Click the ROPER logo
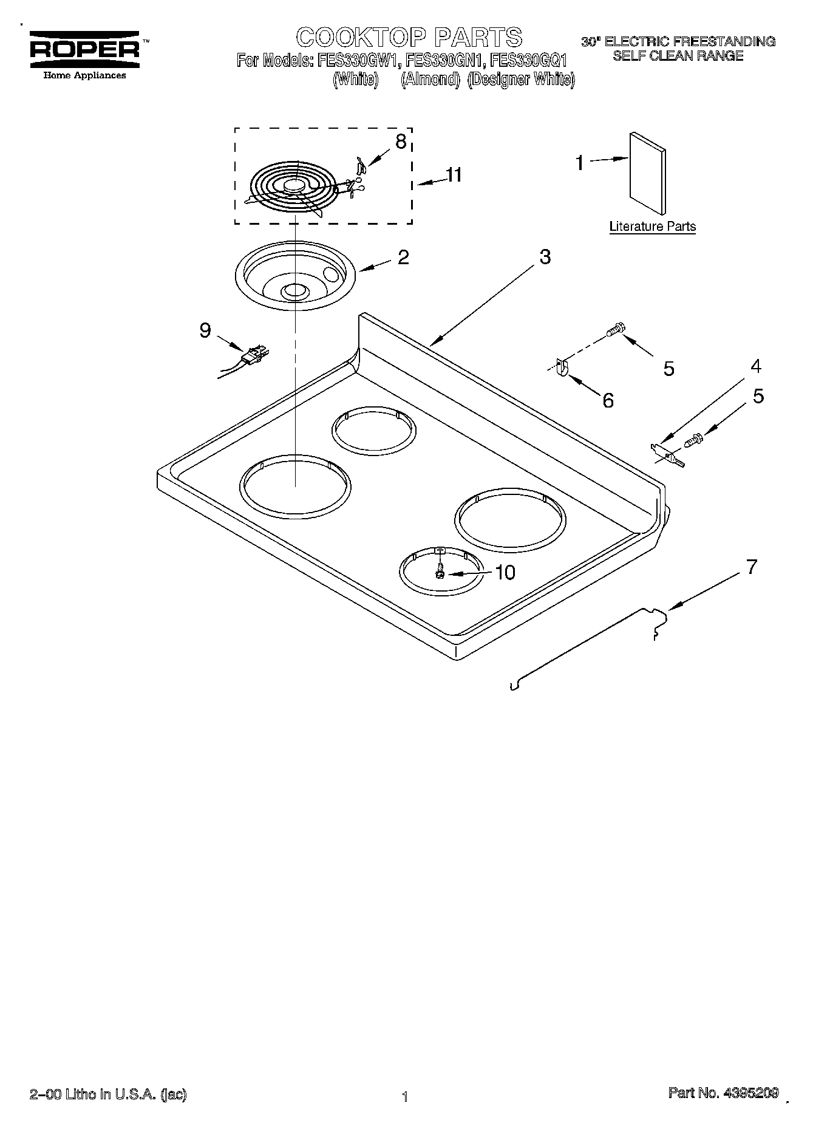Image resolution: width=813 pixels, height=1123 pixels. click(84, 49)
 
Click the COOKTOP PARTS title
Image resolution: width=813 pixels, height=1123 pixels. click(409, 37)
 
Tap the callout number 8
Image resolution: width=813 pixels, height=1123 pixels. click(400, 142)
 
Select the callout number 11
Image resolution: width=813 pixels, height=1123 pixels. click(453, 175)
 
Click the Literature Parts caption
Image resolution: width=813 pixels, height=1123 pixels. click(652, 227)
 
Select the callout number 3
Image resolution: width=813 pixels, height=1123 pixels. click(545, 257)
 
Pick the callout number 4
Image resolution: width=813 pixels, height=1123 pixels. click(755, 366)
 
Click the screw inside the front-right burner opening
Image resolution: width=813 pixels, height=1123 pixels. click(440, 571)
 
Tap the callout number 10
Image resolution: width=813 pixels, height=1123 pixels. click(505, 572)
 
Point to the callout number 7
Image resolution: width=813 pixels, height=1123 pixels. click(752, 567)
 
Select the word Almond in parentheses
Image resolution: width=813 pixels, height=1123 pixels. click(430, 79)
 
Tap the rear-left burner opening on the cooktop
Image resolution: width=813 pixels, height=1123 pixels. click(374, 430)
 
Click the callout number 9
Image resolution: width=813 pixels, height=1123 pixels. click(205, 330)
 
